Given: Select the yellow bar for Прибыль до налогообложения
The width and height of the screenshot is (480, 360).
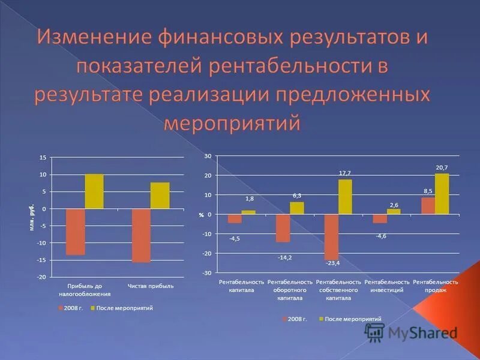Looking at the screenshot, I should click(94, 191).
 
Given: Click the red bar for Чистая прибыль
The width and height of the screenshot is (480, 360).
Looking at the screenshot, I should click(141, 235).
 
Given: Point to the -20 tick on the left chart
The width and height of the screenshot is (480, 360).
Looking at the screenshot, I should click(41, 277).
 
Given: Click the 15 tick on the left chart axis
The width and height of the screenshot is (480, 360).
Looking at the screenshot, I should click(43, 158).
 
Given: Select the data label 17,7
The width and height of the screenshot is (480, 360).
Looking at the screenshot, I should click(344, 173).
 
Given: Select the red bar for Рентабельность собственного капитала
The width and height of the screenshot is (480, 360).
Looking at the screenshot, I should click(331, 236).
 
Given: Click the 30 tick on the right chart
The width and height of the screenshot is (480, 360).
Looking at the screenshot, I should click(208, 156).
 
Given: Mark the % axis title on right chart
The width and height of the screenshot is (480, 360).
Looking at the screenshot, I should click(202, 215).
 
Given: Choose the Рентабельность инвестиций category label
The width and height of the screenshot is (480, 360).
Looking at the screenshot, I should click(387, 286).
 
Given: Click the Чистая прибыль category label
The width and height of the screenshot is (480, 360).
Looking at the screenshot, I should click(151, 286).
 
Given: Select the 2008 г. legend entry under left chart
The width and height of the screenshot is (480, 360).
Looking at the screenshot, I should click(70, 308).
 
